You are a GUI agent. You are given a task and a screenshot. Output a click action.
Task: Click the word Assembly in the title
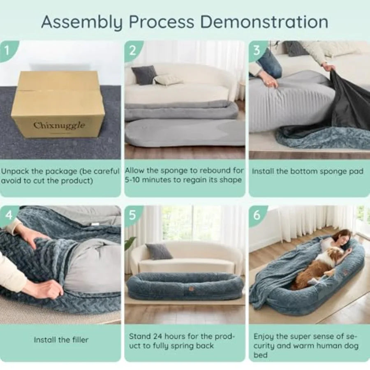[82, 23]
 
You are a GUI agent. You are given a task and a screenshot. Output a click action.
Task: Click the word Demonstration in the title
[264, 22]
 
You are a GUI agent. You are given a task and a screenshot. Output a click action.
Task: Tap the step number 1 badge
[7, 50]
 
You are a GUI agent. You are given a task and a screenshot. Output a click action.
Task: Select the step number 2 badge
[133, 50]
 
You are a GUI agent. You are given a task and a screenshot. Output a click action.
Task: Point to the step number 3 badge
[257, 50]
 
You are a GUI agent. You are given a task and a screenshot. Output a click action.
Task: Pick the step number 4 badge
[8, 215]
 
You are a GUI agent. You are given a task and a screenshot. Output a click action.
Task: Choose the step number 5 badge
[133, 215]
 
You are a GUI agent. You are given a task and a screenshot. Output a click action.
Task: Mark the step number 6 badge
[257, 215]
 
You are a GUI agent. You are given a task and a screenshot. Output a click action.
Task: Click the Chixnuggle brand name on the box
[59, 125]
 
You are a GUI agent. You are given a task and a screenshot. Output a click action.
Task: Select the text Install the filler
[61, 340]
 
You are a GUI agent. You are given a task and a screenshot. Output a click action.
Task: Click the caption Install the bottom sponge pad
[308, 171]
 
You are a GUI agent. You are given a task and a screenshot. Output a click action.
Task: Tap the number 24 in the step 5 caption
[158, 336]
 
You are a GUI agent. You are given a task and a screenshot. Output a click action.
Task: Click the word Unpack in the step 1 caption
[15, 171]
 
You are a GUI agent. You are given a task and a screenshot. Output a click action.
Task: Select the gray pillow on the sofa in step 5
[158, 251]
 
